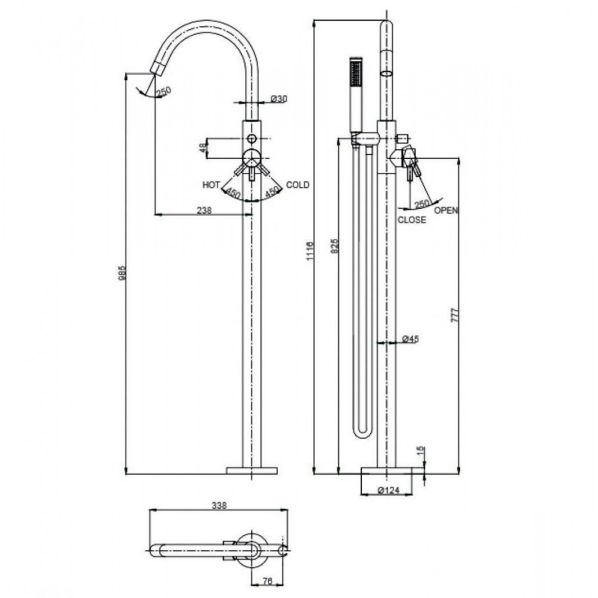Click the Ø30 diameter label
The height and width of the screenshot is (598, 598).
(x=279, y=98)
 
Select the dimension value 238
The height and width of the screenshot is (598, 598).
(x=205, y=210)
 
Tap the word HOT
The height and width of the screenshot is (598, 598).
(x=211, y=185)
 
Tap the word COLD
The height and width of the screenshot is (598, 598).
(x=297, y=185)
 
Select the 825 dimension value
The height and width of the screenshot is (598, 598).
(x=335, y=246)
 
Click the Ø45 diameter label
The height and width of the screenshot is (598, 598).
(x=411, y=339)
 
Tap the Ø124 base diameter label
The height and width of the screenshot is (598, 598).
(x=388, y=490)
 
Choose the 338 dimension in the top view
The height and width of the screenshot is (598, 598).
(x=219, y=505)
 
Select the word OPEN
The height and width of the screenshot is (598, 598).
(x=447, y=210)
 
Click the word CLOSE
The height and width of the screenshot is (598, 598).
(x=412, y=220)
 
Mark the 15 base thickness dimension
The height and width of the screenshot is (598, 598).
(x=422, y=451)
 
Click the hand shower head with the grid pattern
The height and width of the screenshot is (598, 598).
(x=355, y=73)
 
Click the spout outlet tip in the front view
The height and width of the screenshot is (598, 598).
(x=158, y=69)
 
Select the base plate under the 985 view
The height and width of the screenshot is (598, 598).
(x=251, y=470)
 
